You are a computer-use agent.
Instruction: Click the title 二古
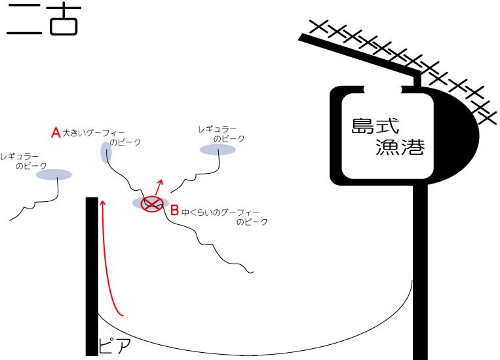tap(42, 20)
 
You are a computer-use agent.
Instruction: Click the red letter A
tap(56, 132)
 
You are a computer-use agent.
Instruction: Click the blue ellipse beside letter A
tap(106, 152)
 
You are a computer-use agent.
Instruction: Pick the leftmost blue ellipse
tap(54, 174)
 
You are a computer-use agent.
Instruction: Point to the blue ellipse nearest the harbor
tap(218, 150)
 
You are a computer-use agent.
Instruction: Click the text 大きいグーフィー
tap(91, 132)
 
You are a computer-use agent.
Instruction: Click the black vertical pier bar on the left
tap(92, 275)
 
